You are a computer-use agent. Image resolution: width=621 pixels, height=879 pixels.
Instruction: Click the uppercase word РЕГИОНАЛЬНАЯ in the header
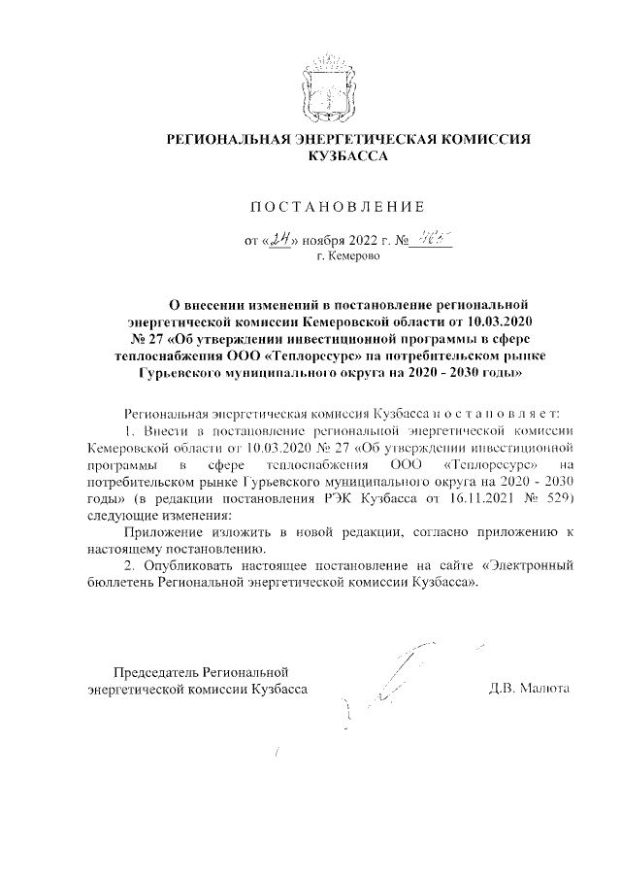click(229, 140)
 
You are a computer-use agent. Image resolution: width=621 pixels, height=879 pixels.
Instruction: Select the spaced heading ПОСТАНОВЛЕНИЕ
click(338, 207)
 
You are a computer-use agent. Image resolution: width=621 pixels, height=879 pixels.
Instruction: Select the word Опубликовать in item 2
click(186, 564)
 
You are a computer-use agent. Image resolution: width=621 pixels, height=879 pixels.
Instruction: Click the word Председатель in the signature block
click(157, 671)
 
